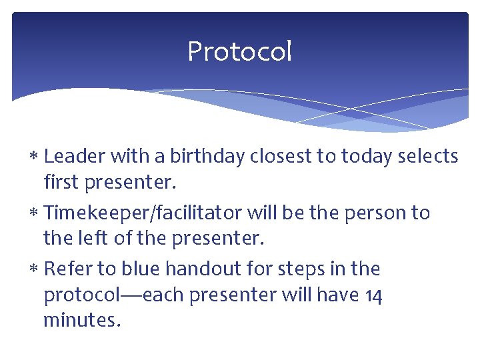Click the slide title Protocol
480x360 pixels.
(239, 51)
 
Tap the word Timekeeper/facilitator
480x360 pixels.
(143, 213)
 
